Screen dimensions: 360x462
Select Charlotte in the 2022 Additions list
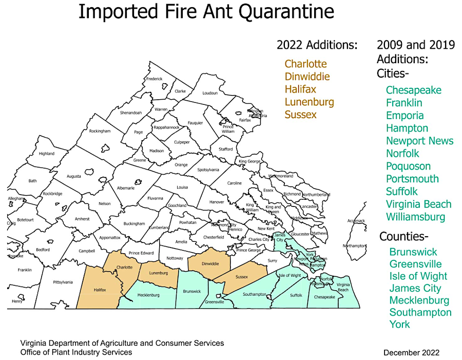point(305,64)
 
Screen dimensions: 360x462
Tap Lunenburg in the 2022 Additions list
point(309,102)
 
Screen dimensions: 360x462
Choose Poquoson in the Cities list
point(408,166)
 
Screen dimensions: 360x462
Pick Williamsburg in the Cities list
point(415,217)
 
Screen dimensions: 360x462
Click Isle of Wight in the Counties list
point(418,276)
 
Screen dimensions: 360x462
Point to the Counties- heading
point(403,237)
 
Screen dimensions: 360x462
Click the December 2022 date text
point(411,352)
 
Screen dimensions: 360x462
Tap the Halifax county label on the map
point(100,290)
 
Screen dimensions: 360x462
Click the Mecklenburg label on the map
point(148,295)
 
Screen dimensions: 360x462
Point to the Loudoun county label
point(210,93)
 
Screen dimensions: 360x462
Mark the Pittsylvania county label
point(63,282)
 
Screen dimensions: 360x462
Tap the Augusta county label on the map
point(73,176)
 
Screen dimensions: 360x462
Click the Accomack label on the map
point(356,221)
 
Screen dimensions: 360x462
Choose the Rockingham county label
point(100,131)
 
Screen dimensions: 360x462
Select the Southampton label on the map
point(255,294)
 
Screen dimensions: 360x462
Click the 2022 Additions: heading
point(317,45)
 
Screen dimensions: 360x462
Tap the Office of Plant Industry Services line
point(76,352)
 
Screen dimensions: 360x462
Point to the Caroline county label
point(234,183)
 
